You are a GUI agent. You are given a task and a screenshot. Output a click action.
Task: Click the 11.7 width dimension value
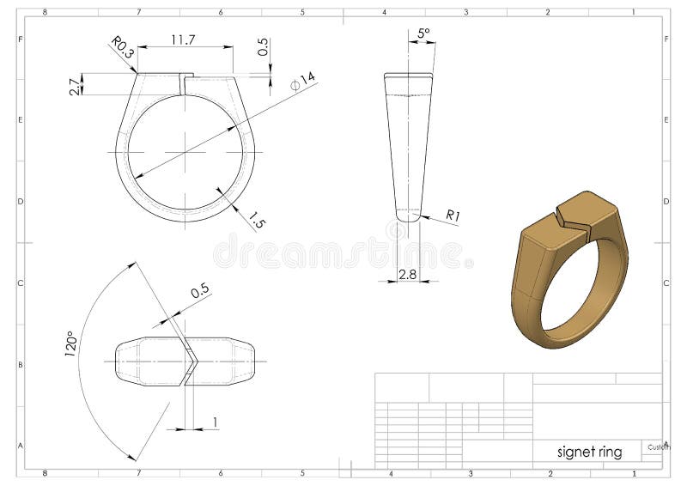tap(183, 39)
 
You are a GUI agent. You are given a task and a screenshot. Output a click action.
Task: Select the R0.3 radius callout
tap(123, 48)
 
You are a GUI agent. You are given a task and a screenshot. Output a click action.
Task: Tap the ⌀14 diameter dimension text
tap(303, 81)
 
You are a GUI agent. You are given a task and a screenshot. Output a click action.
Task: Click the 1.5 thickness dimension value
tap(256, 219)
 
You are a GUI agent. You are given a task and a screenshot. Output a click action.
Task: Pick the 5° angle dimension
tap(423, 33)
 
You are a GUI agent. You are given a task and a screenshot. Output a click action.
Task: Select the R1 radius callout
tap(453, 216)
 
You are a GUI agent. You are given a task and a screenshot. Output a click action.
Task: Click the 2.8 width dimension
tap(407, 274)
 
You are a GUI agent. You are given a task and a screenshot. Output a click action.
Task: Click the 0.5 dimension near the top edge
tap(262, 46)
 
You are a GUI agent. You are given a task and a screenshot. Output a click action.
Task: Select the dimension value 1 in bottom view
tap(215, 421)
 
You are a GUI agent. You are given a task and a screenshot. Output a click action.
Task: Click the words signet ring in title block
tap(589, 452)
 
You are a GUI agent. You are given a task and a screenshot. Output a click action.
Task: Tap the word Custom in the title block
tap(659, 447)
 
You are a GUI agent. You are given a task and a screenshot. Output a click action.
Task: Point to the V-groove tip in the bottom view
tap(197, 361)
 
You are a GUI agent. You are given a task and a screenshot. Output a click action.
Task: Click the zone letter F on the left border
tap(19, 39)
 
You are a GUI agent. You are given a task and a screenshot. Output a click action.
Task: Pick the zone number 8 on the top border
tap(45, 13)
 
